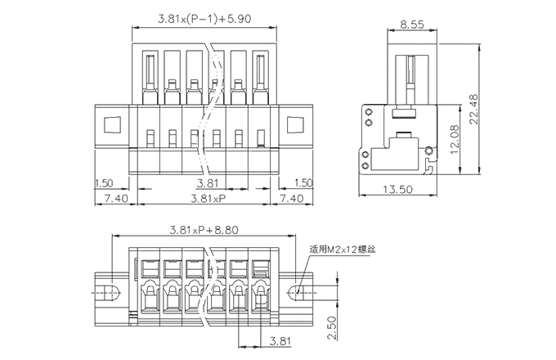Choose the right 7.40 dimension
coord(292,198)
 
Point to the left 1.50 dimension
coord(104,182)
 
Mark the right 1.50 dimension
coord(303,182)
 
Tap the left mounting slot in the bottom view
coord(113,290)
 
